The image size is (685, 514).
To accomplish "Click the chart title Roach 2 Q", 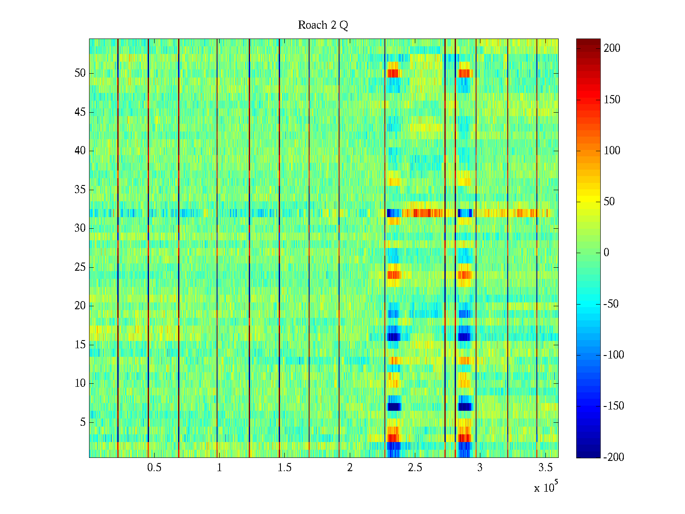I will tap(323, 25).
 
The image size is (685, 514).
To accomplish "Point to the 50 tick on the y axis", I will tap(80, 73).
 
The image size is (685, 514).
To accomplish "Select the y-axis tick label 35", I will tap(80, 189).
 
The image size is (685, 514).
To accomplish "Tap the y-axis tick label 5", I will tap(83, 422).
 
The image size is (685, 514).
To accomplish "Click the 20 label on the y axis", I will tap(80, 306).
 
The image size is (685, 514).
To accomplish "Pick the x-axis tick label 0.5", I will tap(154, 468).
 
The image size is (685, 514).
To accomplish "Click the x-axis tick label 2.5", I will tap(415, 468).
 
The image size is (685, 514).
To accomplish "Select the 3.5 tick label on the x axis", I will tap(545, 468).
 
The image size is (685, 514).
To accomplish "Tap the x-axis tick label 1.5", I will tap(285, 468).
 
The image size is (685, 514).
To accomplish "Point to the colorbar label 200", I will tap(612, 48).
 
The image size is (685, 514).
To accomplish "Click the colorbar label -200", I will tap(614, 457).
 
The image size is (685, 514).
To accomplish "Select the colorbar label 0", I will tap(606, 253).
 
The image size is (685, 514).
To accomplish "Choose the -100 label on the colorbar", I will tap(614, 355).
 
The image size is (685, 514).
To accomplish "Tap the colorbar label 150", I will tap(612, 100).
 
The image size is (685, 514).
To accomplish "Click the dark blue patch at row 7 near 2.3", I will tap(394, 406).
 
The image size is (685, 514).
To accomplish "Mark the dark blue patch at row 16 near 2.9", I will tap(464, 337).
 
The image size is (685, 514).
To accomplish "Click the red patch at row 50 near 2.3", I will tap(393, 73).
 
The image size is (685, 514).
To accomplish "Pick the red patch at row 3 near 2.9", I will tap(464, 438).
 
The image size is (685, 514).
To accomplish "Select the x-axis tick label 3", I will tap(480, 468).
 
